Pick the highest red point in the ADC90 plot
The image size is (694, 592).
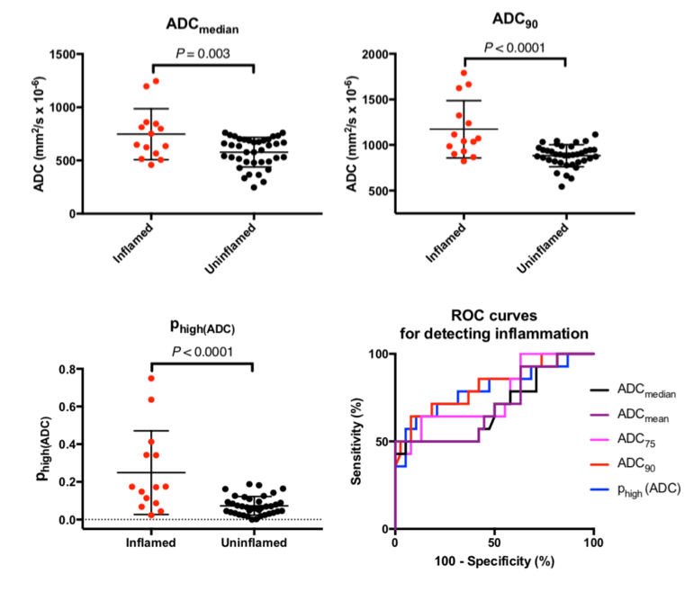click(x=464, y=73)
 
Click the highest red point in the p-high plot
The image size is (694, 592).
click(x=151, y=378)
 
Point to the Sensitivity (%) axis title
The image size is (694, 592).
click(x=358, y=441)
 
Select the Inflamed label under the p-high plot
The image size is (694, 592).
click(x=151, y=543)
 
